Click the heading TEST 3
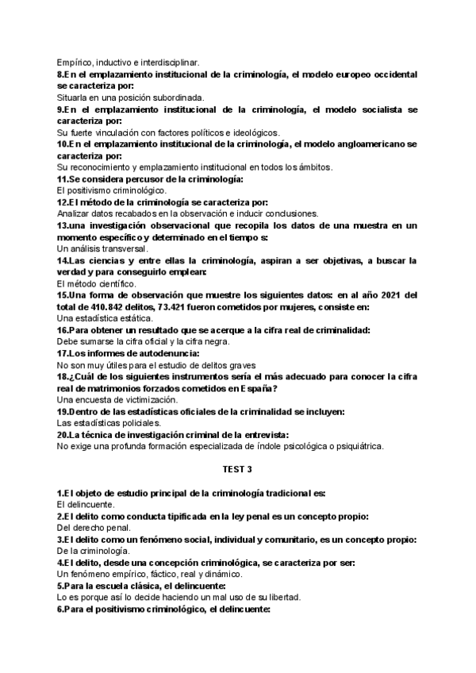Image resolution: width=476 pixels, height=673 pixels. (x=238, y=470)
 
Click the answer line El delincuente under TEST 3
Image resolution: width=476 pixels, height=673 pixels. (x=87, y=505)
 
